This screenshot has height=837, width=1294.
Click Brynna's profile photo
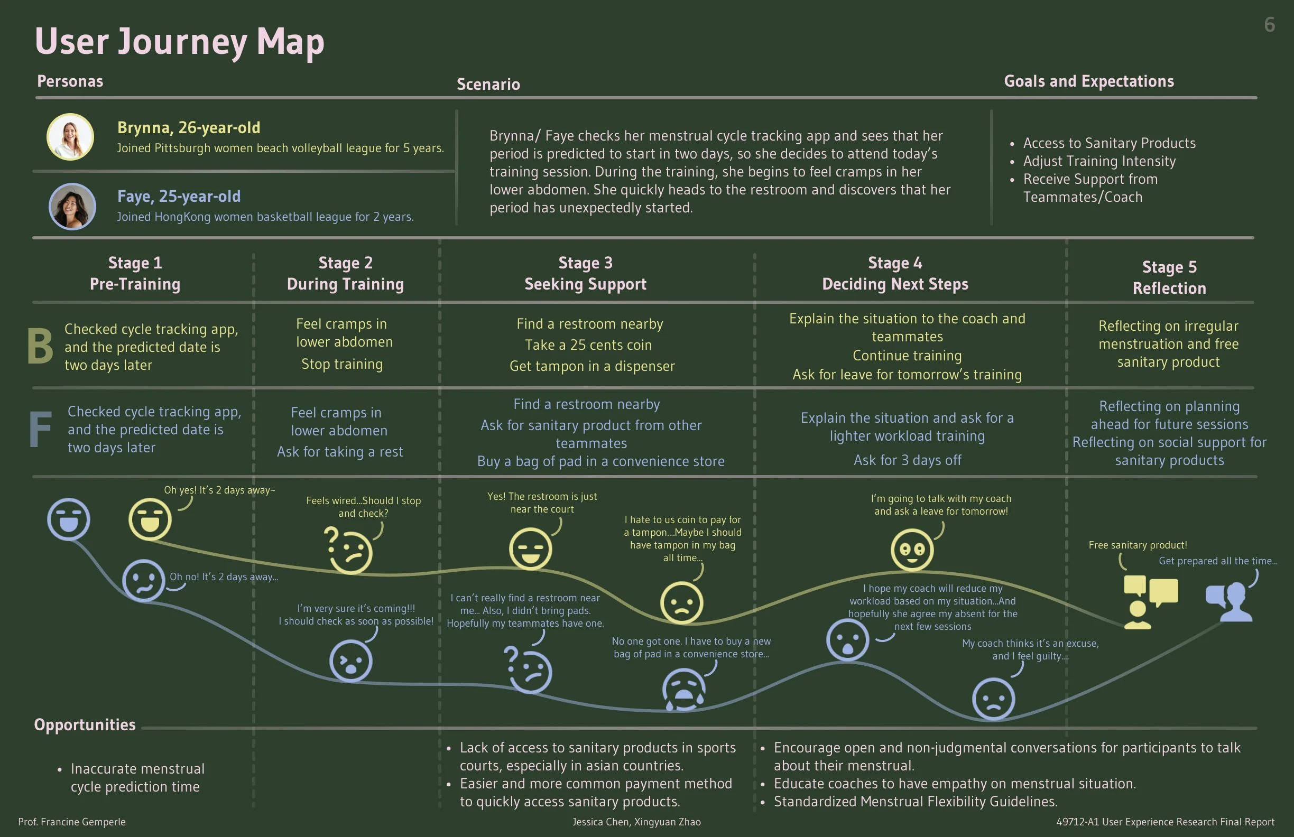70,136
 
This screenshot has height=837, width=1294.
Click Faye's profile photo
72,206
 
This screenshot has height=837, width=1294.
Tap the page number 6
1269,25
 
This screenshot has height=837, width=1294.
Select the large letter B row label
40,346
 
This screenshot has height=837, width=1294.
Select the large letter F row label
40,430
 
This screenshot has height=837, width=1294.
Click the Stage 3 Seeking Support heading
585,273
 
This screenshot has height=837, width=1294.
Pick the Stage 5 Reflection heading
1169,277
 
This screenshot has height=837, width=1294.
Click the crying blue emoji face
683,689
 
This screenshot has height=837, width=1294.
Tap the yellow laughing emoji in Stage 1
150,519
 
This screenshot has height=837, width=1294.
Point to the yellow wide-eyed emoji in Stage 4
912,550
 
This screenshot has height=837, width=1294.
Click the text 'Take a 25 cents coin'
588,345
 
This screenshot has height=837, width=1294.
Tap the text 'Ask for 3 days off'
907,460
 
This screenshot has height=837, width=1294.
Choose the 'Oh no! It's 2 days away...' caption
224,576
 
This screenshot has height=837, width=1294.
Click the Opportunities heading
85,724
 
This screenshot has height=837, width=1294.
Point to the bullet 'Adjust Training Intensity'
1099,161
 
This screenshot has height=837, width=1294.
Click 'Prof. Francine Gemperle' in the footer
72,822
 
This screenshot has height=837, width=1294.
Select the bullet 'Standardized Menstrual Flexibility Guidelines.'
915,802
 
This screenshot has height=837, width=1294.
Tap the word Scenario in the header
488,84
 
